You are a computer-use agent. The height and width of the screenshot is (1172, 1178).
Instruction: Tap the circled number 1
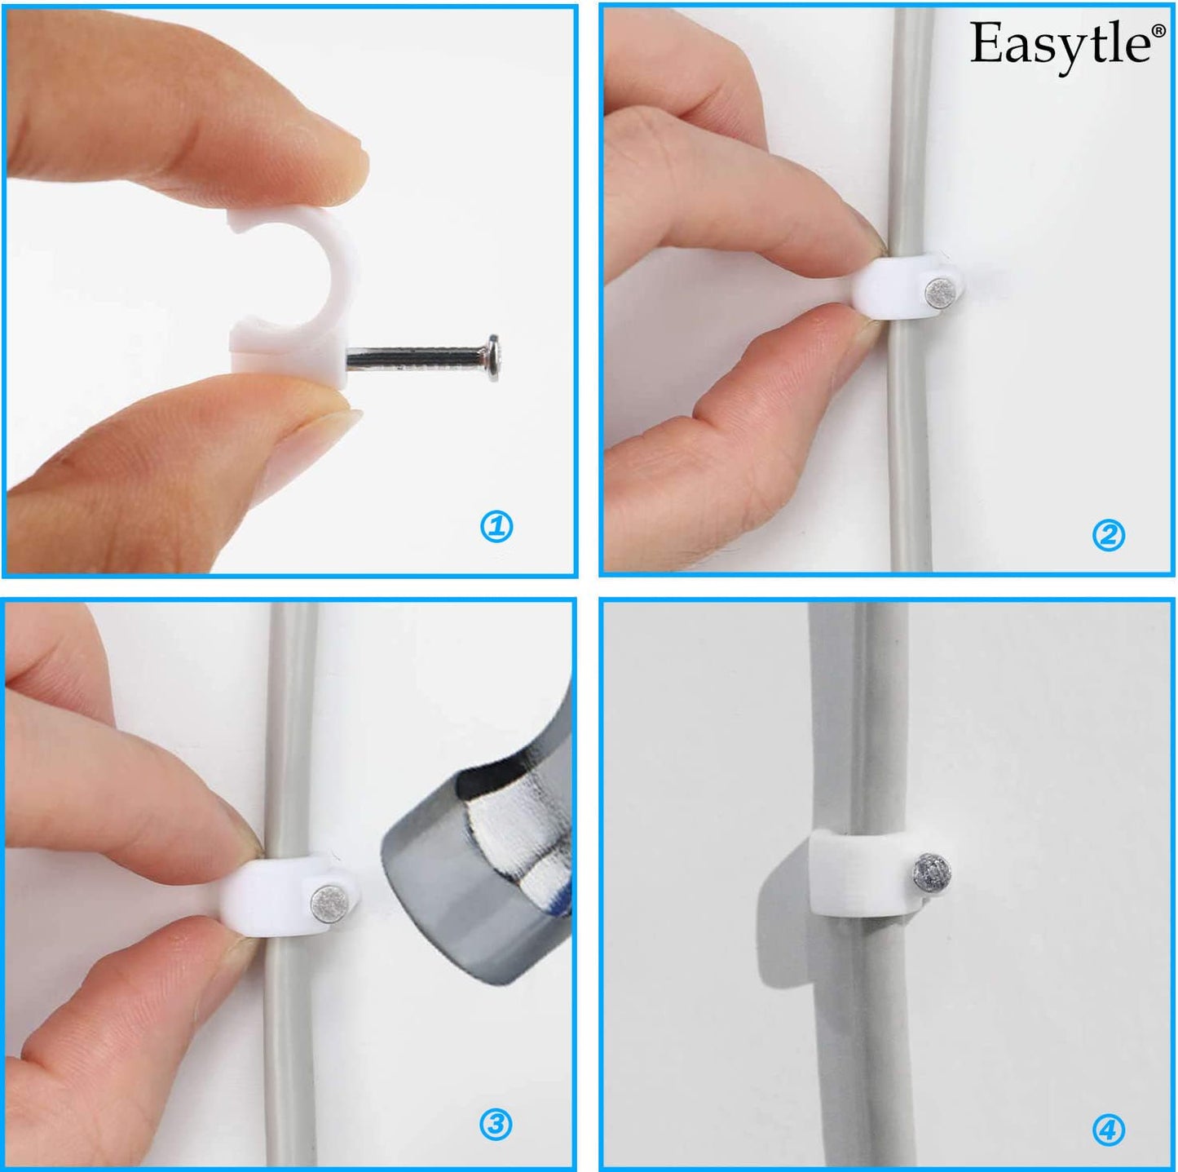[496, 527]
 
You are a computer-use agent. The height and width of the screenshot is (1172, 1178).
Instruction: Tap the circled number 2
[1108, 535]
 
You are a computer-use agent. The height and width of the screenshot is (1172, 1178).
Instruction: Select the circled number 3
[495, 1125]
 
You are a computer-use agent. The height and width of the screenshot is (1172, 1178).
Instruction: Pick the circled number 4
[1108, 1130]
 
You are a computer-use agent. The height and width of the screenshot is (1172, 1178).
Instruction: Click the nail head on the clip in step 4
[928, 869]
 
